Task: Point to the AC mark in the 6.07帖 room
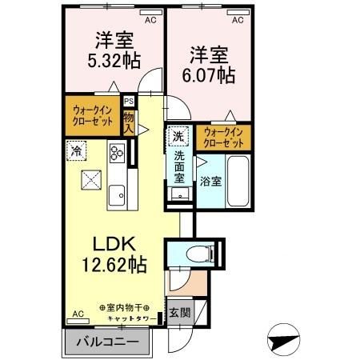pos(237,14)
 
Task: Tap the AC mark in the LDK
pos(78,314)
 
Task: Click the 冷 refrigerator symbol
pos(76,150)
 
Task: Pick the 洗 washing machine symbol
pos(181,135)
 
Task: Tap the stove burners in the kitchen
pos(117,152)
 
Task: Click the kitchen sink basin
pos(117,194)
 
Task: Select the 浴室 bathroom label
pos(210,182)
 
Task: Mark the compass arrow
pos(284,338)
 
